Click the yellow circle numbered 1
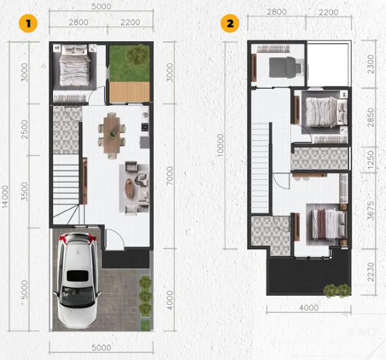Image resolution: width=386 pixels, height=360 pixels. tap(28, 24)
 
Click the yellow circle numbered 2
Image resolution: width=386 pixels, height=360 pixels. tap(230, 24)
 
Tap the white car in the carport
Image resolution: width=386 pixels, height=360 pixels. tap(77, 280)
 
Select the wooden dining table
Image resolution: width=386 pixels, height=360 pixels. tap(112, 135)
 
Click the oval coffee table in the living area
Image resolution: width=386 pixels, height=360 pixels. tap(129, 188)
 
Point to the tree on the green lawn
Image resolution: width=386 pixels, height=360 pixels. tap(138, 55)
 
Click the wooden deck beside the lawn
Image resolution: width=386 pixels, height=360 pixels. tap(129, 92)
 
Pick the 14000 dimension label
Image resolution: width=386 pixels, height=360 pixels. tap(5, 197)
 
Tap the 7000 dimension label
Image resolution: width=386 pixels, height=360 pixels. tap(170, 176)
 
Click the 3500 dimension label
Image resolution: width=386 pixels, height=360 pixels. tap(24, 192)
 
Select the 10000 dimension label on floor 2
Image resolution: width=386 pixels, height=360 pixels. tap(220, 145)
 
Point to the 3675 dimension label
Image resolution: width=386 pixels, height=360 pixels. tap(371, 211)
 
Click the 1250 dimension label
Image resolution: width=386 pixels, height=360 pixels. tap(371, 159)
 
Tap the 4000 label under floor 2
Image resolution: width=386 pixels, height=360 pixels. tap(309, 307)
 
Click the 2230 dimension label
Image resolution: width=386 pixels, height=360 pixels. tap(371, 272)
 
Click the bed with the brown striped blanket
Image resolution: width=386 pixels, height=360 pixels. tap(328, 224)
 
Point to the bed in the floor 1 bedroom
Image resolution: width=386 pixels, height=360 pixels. tap(75, 66)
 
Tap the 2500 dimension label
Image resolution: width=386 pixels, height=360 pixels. tap(24, 129)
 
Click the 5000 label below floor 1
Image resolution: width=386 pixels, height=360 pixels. tap(101, 347)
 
